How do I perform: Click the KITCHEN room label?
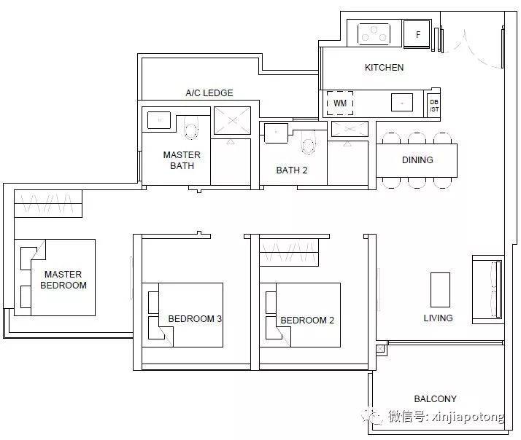[x=384, y=67]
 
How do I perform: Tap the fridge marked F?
[x=417, y=34]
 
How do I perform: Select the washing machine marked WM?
[x=340, y=103]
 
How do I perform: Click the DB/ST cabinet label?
[x=434, y=106]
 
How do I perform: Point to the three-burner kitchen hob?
[x=374, y=34]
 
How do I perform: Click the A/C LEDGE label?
[x=209, y=93]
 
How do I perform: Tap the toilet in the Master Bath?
[x=190, y=128]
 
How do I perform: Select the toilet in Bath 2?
[x=309, y=143]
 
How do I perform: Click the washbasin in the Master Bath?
[x=159, y=119]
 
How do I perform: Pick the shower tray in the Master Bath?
[x=232, y=120]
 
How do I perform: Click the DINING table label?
[x=417, y=160]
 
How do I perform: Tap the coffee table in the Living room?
[x=440, y=290]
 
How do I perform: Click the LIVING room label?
[x=438, y=318]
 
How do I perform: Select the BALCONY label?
[x=436, y=398]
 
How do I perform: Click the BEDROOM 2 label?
[x=307, y=321]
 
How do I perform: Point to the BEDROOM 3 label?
[x=195, y=319]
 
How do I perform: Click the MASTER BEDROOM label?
[x=63, y=280]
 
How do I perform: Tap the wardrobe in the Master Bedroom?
[x=48, y=203]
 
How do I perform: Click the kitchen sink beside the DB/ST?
[x=402, y=102]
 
